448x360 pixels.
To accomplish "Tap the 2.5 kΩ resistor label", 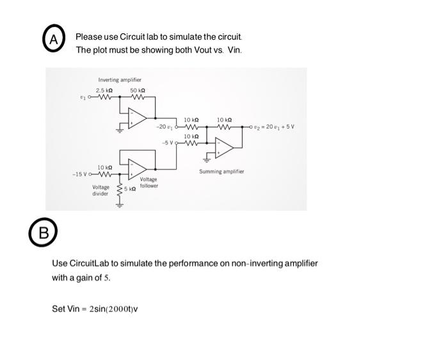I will (x=104, y=90).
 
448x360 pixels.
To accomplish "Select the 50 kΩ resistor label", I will (x=138, y=90).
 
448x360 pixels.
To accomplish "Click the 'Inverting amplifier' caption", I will (x=120, y=79).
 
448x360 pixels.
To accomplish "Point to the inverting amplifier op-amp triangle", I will (x=137, y=118).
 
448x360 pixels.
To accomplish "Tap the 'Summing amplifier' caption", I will (x=221, y=172).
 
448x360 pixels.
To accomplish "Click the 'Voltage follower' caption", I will (x=148, y=183).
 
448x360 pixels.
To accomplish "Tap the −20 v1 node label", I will (x=166, y=127).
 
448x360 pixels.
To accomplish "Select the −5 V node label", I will (x=169, y=142).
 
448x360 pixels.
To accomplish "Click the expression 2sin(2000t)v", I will (x=113, y=309).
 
